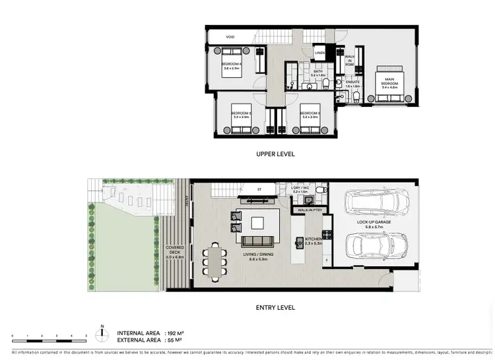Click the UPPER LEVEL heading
276,154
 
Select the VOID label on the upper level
230,37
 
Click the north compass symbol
102,334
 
